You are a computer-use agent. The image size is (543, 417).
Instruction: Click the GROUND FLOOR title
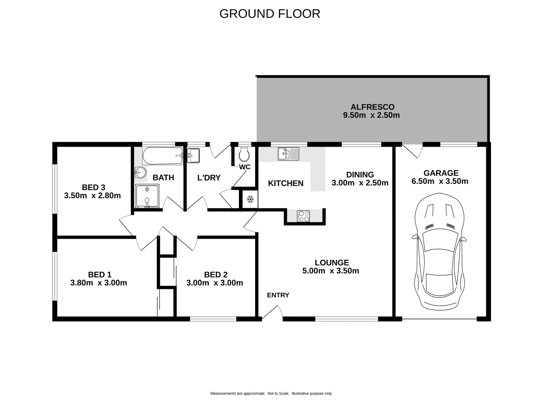(x=270, y=14)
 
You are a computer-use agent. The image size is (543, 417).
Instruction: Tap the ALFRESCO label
(x=372, y=107)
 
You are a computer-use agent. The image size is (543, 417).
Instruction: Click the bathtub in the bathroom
(x=163, y=156)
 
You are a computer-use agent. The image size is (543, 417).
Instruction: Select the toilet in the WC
(x=244, y=154)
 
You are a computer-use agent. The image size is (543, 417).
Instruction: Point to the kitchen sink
(x=288, y=154)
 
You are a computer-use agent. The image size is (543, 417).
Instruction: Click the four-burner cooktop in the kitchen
(x=303, y=216)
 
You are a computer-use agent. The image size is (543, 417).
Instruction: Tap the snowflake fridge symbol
(x=250, y=199)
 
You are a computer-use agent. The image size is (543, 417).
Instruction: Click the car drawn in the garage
(x=439, y=251)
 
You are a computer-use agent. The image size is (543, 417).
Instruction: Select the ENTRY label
(x=278, y=295)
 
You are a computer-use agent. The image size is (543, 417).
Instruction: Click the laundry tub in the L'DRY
(x=193, y=156)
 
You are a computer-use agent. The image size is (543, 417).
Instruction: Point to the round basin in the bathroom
(x=140, y=172)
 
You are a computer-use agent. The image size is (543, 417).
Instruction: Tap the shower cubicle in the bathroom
(x=147, y=196)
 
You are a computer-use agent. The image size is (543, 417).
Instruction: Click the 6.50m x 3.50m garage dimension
(x=440, y=181)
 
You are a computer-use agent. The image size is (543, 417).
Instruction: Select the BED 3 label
(x=93, y=187)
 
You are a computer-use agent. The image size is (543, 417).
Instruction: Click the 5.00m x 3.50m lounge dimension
(x=331, y=271)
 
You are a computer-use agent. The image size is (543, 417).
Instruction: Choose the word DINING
(x=360, y=175)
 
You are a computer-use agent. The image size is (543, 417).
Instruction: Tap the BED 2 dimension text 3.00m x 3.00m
(x=215, y=283)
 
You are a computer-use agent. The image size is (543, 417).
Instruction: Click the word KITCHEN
(x=286, y=183)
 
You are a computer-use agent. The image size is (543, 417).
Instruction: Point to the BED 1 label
(x=100, y=275)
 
